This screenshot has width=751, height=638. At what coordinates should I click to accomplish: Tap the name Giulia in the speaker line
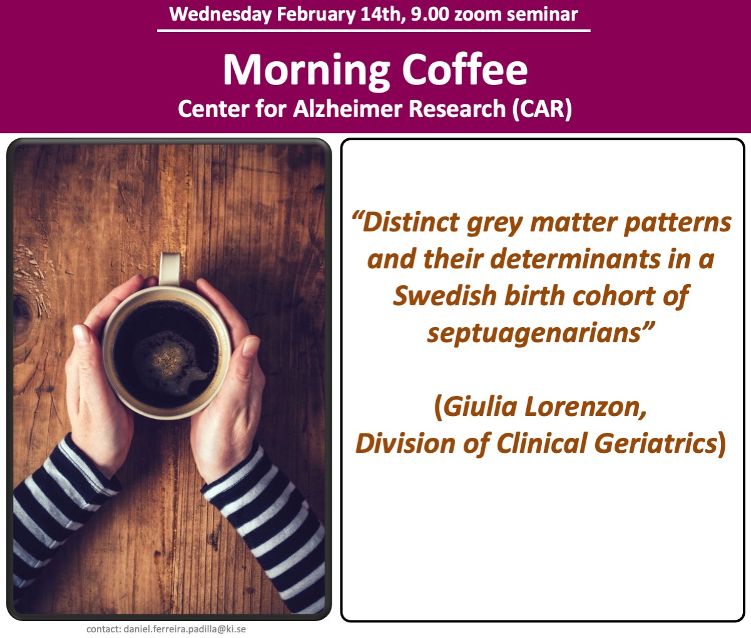[x=479, y=407]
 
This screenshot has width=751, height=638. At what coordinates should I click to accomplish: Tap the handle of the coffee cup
[x=169, y=268]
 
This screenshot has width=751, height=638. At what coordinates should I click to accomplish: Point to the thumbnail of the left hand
[x=81, y=334]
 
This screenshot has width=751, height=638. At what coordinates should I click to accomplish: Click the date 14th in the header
[x=381, y=14]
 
